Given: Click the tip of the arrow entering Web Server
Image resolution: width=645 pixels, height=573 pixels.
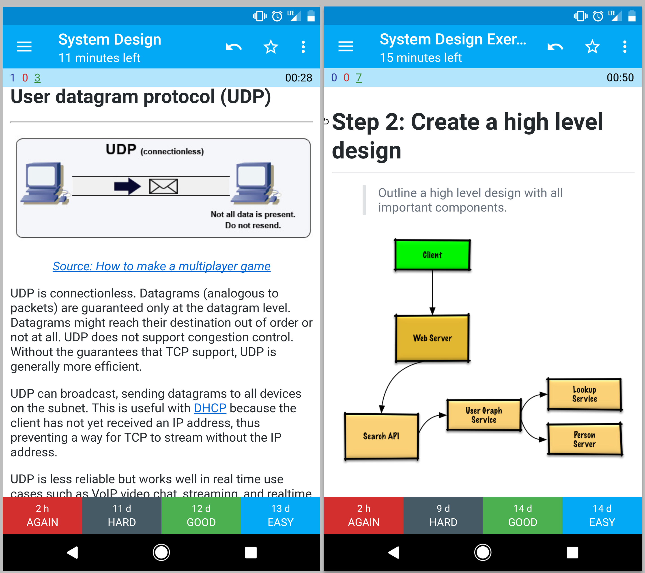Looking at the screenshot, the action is tap(432, 315).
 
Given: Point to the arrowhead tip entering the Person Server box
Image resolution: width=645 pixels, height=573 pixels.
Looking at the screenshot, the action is tap(547, 439).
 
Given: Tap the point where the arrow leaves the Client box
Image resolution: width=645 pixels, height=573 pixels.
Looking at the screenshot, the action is tap(432, 270).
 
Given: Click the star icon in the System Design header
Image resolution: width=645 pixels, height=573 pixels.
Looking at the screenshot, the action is tap(271, 47).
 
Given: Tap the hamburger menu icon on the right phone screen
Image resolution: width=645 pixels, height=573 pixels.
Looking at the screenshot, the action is tap(346, 47).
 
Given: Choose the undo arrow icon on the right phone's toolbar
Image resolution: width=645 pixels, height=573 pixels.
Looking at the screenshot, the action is tap(555, 47).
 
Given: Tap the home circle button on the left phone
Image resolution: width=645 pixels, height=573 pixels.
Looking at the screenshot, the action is tap(161, 552).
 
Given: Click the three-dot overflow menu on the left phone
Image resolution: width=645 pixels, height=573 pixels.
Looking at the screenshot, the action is tap(303, 47).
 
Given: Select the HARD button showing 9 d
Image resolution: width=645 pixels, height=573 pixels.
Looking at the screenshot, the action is tap(443, 515).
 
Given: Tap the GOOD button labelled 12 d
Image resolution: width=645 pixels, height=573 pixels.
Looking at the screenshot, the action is tap(201, 515).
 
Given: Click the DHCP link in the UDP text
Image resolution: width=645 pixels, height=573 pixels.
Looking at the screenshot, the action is tap(210, 408).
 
